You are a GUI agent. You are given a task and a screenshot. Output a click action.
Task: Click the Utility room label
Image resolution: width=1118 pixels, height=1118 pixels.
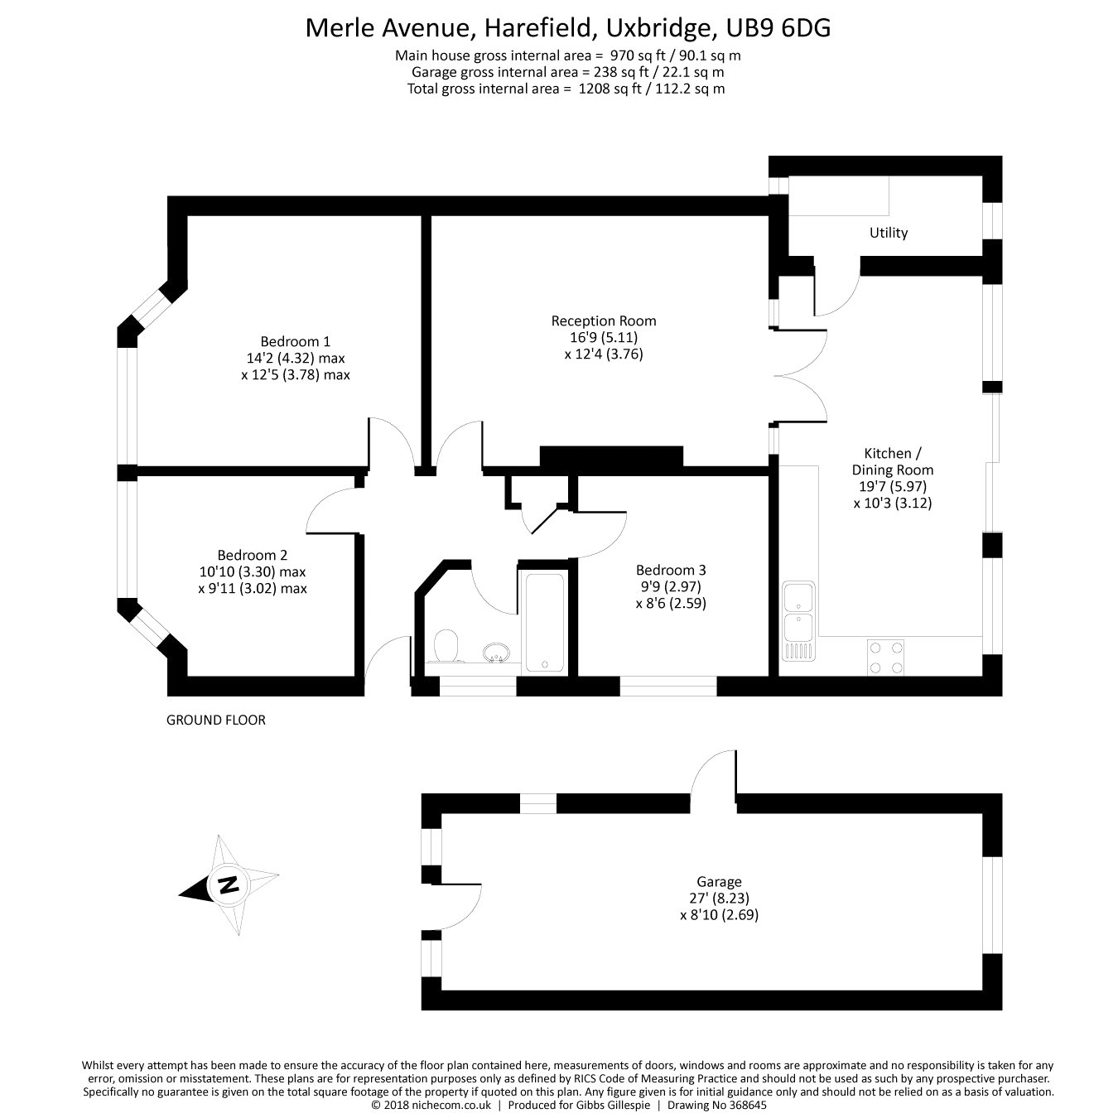(x=888, y=233)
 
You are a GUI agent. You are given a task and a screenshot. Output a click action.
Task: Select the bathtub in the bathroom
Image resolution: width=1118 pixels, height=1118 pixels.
(x=544, y=621)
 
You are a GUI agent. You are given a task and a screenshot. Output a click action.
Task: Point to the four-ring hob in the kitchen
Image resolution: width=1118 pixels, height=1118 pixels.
(x=885, y=658)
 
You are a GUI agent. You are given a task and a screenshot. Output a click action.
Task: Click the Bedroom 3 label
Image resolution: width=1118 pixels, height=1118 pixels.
(x=671, y=570)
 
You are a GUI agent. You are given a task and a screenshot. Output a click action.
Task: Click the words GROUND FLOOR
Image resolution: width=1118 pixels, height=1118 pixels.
(x=216, y=720)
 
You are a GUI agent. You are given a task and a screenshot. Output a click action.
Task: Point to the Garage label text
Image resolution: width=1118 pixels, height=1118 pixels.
(x=718, y=882)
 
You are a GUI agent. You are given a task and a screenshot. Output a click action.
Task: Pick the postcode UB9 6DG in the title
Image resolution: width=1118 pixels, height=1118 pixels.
(x=778, y=28)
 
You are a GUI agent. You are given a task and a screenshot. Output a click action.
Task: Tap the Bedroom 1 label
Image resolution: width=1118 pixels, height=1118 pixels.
(x=295, y=341)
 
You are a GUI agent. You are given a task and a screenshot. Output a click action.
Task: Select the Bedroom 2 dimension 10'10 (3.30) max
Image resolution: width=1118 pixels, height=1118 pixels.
(x=252, y=571)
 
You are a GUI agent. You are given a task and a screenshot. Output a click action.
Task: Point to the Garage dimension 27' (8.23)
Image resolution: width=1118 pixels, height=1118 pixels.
(x=718, y=899)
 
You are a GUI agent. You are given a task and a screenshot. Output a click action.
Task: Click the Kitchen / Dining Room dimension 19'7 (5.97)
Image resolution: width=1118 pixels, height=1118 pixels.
(x=892, y=486)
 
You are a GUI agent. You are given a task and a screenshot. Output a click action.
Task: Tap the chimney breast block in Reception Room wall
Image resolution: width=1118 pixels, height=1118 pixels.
(x=611, y=456)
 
